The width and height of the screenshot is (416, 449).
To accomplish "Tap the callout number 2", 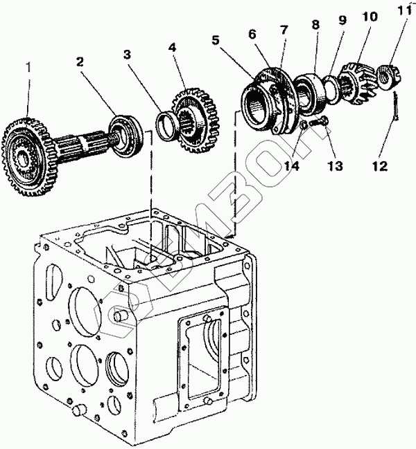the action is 80,62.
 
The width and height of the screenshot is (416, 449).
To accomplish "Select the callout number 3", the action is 127,54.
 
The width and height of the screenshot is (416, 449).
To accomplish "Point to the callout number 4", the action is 172,47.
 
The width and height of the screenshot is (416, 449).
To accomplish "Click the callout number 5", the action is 216,40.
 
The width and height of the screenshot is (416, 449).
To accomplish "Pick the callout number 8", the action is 315,24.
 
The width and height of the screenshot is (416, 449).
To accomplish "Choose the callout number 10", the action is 370,17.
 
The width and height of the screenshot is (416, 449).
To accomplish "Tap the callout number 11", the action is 404,10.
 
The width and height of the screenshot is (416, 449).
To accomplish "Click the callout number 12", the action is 380,166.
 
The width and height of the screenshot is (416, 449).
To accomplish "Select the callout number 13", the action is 335,166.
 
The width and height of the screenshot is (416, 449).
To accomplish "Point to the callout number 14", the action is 292,166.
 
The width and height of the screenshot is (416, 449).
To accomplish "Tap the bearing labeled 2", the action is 126,136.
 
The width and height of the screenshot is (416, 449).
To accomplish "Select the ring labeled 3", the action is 166,126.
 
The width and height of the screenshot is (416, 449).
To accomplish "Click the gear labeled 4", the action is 195,121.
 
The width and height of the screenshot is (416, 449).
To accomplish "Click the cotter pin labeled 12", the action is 396,105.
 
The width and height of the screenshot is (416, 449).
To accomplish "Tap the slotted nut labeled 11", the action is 390,76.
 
